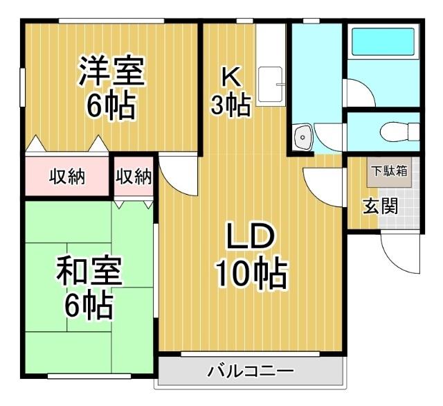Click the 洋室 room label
[111, 71]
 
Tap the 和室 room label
[89, 273]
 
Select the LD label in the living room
[252, 238]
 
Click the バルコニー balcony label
[250, 372]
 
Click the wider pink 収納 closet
[67, 177]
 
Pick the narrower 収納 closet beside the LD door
[134, 177]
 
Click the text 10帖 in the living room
[251, 274]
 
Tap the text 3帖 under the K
[230, 106]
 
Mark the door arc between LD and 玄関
[324, 186]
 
